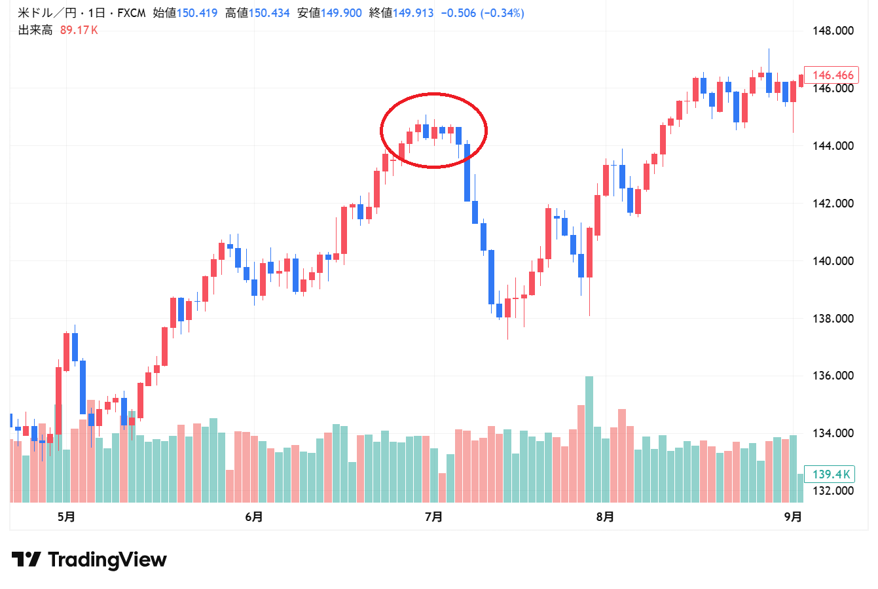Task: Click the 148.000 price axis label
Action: (833, 31)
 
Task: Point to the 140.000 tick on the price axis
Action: (833, 261)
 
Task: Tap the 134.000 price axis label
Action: (833, 433)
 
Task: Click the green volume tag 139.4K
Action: (831, 474)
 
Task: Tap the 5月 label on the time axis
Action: (66, 517)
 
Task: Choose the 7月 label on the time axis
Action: (433, 517)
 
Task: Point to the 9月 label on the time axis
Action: (793, 517)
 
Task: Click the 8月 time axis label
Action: (605, 517)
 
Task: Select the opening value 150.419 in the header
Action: (197, 13)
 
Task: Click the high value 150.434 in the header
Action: (269, 13)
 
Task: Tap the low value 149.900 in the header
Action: (341, 13)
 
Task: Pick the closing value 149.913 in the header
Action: (413, 13)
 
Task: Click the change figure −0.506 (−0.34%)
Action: (483, 13)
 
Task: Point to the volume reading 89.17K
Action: (79, 30)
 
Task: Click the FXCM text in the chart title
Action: (131, 13)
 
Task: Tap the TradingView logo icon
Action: (26, 560)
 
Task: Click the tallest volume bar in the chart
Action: (589, 438)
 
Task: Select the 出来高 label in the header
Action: (35, 30)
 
